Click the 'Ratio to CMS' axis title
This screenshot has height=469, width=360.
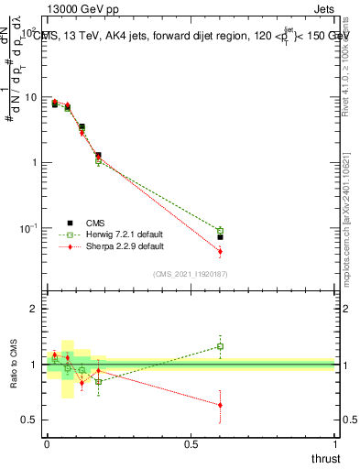click(x=13, y=366)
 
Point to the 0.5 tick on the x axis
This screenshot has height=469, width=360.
click(x=190, y=444)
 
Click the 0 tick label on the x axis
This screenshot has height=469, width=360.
click(x=47, y=444)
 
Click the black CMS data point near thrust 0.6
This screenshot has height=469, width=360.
click(x=220, y=236)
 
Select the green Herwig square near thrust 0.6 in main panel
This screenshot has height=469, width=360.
click(x=220, y=231)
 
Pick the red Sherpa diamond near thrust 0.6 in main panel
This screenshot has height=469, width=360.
click(x=220, y=251)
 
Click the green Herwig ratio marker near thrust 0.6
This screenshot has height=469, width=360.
click(x=220, y=346)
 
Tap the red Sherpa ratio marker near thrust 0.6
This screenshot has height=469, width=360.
click(x=220, y=405)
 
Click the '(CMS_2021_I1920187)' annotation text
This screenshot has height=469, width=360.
click(x=191, y=273)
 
